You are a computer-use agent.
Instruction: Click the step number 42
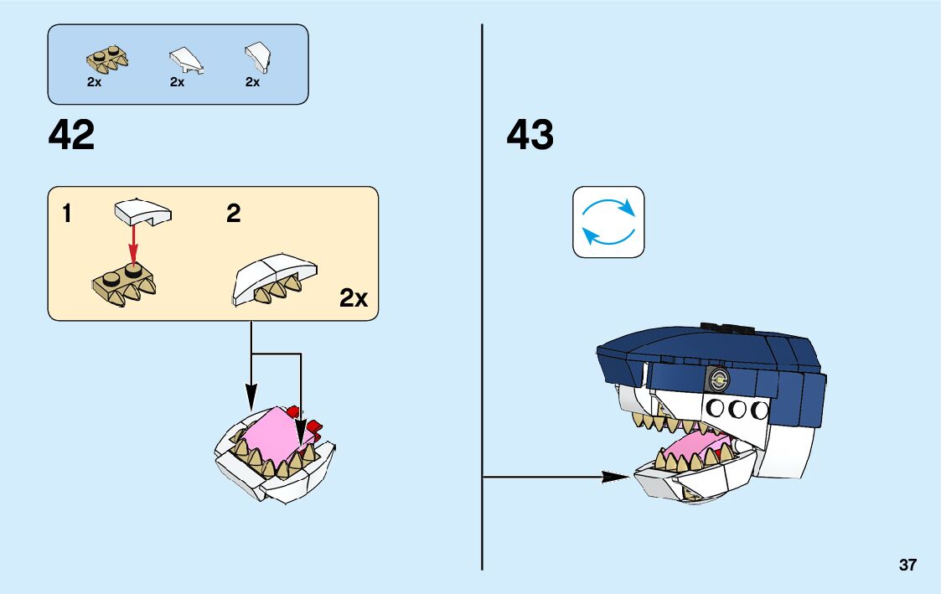tap(72, 135)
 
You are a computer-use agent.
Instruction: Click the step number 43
tap(530, 135)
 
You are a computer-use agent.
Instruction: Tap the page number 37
tap(907, 566)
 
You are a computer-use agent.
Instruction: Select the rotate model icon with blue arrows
tap(608, 222)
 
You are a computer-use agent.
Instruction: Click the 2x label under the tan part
tap(93, 82)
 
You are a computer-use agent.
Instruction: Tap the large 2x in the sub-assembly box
tap(354, 297)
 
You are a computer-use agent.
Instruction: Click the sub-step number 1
tap(67, 214)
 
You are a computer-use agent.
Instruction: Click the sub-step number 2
tap(233, 214)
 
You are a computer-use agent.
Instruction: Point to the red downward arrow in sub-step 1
tap(132, 243)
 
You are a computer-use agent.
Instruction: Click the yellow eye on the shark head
tap(717, 380)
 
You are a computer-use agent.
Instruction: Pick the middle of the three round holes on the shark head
tap(739, 410)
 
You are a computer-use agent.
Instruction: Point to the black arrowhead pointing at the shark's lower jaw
tap(616, 477)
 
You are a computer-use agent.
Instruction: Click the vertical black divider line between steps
tap(482, 293)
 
